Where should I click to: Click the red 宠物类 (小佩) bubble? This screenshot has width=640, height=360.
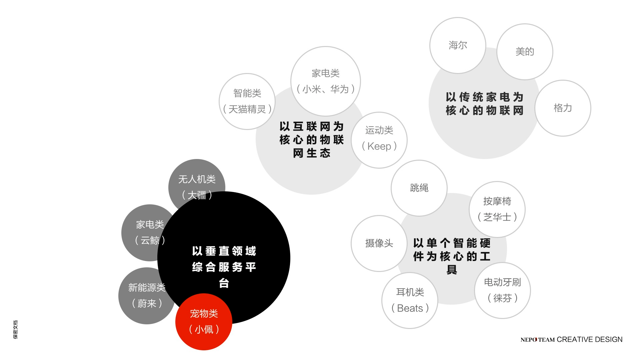coord(204,322)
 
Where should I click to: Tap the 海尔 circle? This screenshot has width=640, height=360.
coord(458,45)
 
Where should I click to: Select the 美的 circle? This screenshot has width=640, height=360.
coord(525,52)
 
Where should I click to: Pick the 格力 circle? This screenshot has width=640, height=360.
coord(563,108)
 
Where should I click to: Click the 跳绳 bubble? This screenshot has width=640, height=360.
coord(419,188)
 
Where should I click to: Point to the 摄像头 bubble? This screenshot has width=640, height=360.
coord(379,243)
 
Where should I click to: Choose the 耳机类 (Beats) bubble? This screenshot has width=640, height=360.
coord(410,300)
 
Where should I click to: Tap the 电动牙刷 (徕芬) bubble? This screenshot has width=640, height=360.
coord(502,290)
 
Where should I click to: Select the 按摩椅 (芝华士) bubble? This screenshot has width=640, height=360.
coord(497,209)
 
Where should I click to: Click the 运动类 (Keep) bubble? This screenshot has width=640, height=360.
coord(379,140)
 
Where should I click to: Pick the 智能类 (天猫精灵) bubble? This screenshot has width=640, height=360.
coord(247,101)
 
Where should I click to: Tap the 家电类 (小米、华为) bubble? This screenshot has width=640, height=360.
coord(326,81)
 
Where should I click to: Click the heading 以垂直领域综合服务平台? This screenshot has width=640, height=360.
coord(224,267)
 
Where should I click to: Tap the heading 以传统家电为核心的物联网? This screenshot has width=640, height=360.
coord(485,104)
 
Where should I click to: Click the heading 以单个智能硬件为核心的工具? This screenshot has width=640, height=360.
coord(452,256)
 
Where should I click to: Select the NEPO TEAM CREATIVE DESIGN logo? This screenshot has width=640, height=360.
coord(571,339)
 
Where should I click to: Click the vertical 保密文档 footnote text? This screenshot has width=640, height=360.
coord(15,330)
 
